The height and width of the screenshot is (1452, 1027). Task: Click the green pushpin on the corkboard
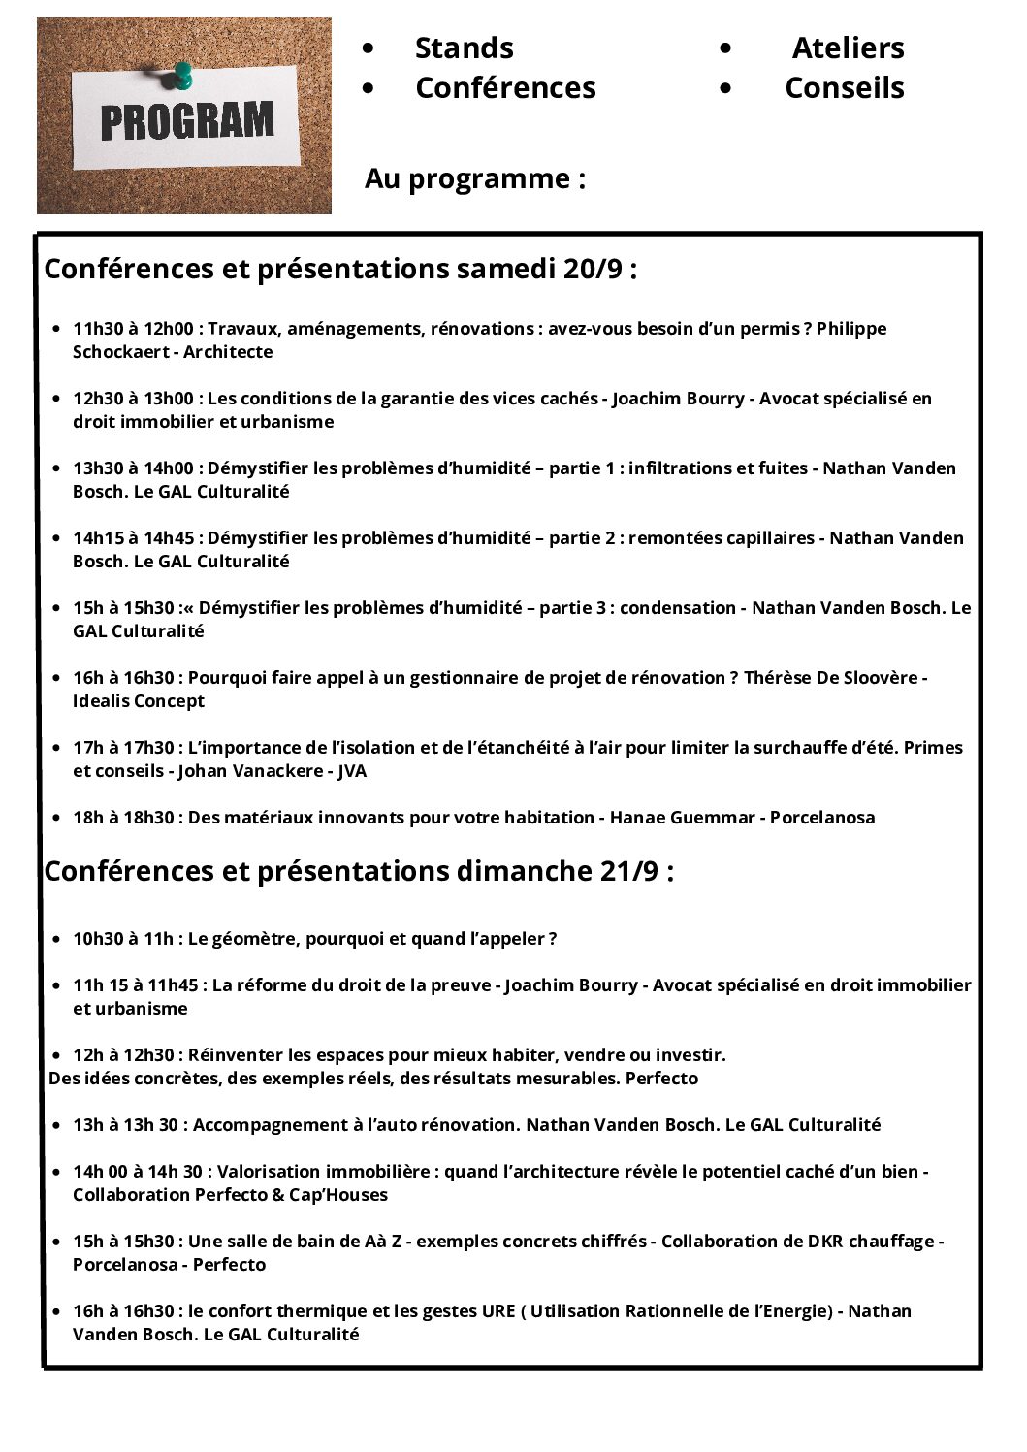(x=180, y=74)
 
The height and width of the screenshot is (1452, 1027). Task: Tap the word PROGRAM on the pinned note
(x=187, y=122)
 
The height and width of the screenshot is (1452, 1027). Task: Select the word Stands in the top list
(x=464, y=48)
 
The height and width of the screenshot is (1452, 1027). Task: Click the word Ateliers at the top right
(x=848, y=48)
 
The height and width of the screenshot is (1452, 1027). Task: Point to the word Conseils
(x=844, y=87)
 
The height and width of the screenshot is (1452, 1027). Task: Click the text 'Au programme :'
(x=474, y=178)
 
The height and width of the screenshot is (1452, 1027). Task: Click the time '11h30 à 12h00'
(x=133, y=329)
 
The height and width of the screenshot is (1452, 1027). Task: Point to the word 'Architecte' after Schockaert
(x=228, y=352)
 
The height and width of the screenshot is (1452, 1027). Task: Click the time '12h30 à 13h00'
(x=133, y=399)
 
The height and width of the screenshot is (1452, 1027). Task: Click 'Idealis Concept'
(x=139, y=701)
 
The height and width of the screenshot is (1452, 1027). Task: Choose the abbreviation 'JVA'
(x=352, y=771)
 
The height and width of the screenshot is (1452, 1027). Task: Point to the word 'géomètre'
(x=256, y=939)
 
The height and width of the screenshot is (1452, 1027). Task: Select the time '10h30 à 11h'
(x=123, y=939)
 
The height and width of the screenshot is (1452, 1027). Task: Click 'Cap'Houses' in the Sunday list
(x=344, y=1195)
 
